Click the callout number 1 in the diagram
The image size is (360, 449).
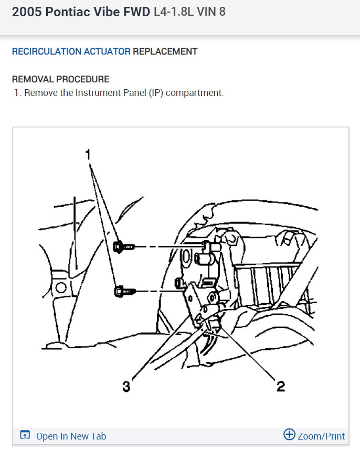pos(89,155)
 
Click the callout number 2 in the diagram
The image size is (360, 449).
pos(281,387)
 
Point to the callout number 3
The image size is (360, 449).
pos(126,387)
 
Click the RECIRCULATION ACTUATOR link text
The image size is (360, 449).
pos(71,51)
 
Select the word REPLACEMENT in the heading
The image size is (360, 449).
pos(165,51)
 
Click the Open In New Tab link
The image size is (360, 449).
pos(71,436)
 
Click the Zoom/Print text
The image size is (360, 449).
pos(321,436)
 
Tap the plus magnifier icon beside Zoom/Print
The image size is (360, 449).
pos(289,435)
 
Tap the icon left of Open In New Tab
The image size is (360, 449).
pos(25,435)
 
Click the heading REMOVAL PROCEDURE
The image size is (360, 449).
pos(60,79)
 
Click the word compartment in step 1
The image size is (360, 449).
pos(196,93)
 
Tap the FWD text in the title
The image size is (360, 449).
pos(137,12)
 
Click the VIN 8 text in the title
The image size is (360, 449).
pos(213,12)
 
